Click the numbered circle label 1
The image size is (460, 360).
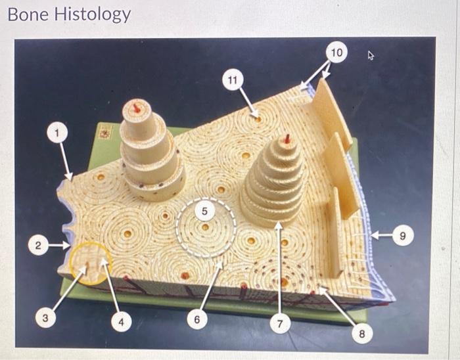tap(58, 133)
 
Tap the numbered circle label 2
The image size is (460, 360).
tap(39, 246)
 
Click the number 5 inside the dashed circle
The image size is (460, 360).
tap(205, 212)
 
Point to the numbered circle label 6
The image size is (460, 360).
tap(196, 320)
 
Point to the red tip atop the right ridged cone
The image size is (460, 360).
tap(287, 139)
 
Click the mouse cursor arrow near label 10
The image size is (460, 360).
tap(371, 56)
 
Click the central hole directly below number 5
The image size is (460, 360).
tap(206, 227)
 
